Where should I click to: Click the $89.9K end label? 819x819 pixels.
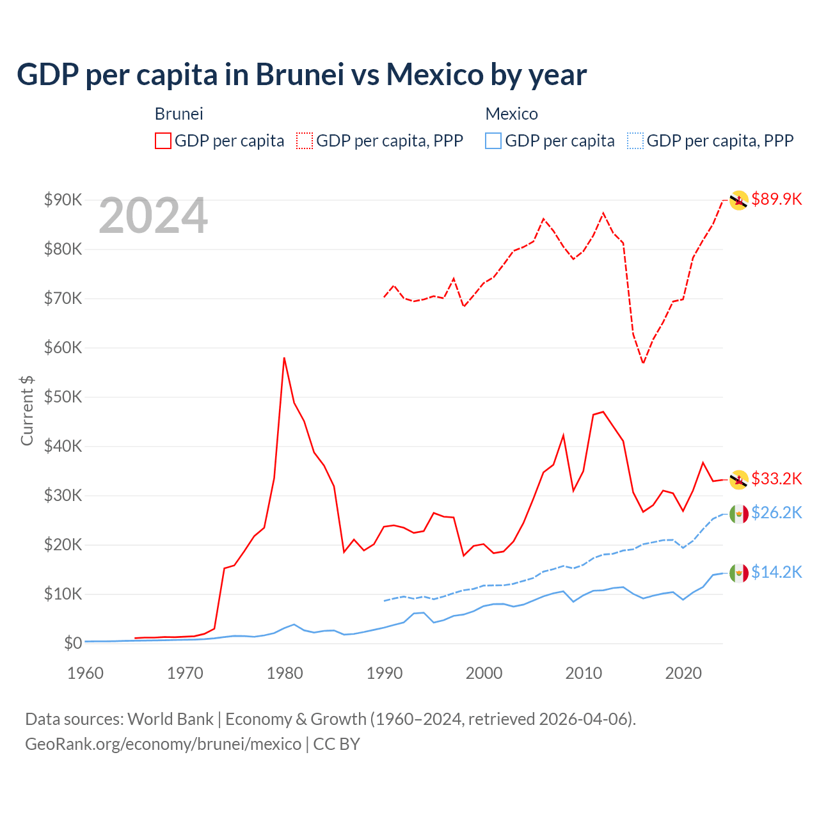click(x=776, y=199)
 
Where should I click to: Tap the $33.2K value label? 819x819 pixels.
click(x=776, y=479)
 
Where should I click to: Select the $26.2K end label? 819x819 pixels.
click(x=776, y=513)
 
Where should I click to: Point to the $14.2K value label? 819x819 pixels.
click(x=776, y=572)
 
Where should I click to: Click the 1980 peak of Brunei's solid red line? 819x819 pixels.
click(x=284, y=358)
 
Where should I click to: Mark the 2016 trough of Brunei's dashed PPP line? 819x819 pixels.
click(x=643, y=363)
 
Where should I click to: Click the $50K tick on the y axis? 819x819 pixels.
click(x=63, y=397)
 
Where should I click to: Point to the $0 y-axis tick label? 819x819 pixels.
click(x=73, y=643)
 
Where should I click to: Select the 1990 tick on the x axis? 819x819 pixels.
click(x=385, y=673)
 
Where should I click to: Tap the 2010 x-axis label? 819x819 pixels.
click(x=584, y=673)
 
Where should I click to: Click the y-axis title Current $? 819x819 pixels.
click(x=27, y=411)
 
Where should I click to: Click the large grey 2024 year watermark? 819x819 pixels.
click(x=153, y=216)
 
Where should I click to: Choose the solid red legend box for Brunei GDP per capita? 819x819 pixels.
click(x=163, y=141)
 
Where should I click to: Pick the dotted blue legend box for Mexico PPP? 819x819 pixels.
click(x=635, y=141)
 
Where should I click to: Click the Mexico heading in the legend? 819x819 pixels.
click(x=511, y=114)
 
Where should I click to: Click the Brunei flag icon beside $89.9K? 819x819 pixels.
click(x=738, y=200)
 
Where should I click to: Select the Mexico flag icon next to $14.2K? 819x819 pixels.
click(x=738, y=573)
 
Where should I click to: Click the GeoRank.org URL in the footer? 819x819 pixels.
click(x=163, y=744)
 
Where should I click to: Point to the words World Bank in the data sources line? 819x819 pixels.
click(x=170, y=719)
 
